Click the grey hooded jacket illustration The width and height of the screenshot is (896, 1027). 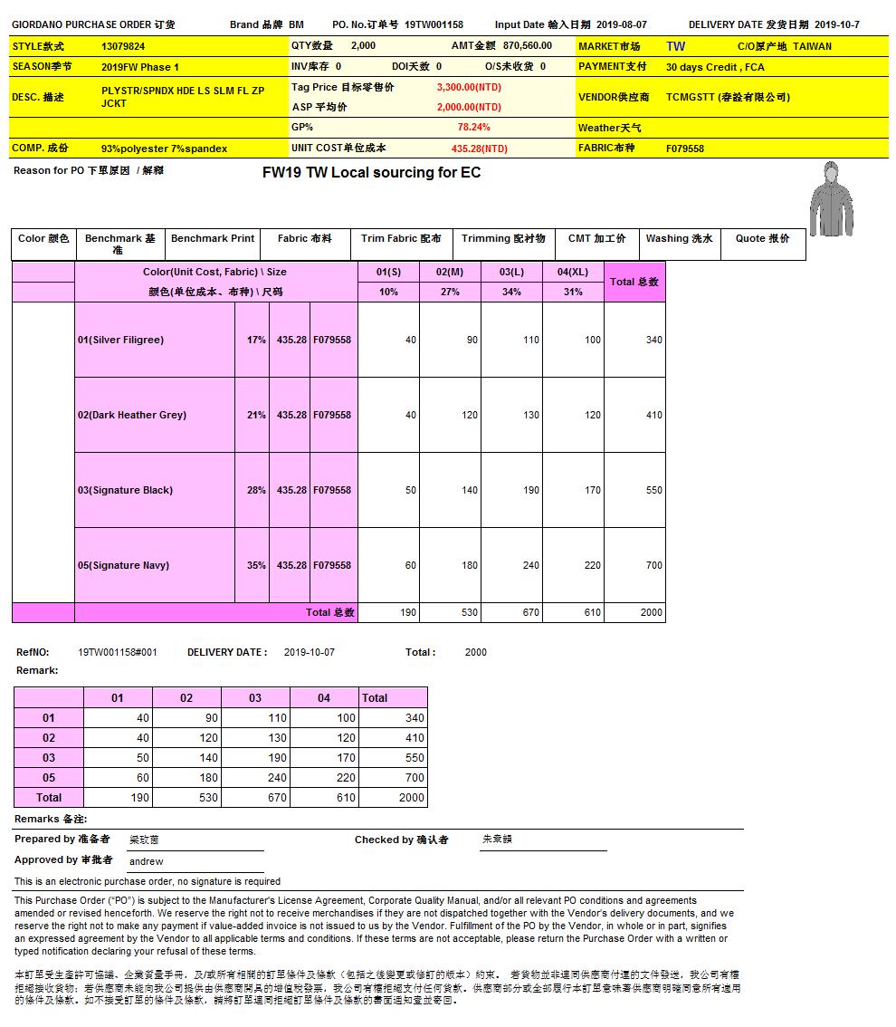pos(831,198)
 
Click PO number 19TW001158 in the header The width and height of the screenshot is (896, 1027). pos(434,24)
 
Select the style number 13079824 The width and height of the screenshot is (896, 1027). pos(123,46)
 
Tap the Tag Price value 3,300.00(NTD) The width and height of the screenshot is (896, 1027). pos(469,87)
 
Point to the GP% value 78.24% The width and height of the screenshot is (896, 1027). pos(473,128)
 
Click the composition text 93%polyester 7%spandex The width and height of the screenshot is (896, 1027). pos(164,149)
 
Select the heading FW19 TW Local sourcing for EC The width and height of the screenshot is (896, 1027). pos(371,173)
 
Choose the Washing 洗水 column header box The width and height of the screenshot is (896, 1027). pos(679,239)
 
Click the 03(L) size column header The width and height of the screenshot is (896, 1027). pos(511,272)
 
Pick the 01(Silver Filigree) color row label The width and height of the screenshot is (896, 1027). pos(120,340)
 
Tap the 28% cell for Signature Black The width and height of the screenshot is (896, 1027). pos(256,490)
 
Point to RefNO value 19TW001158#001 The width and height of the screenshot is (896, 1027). pos(118,652)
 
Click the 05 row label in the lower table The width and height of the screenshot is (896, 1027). pos(49,778)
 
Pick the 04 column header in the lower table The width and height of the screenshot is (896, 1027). pos(324,698)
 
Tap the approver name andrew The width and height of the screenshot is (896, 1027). pos(147,861)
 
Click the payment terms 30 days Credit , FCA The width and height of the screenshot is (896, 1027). pos(715,67)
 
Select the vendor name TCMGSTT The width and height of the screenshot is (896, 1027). pos(690,97)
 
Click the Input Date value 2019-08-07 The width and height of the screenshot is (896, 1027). pos(622,24)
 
